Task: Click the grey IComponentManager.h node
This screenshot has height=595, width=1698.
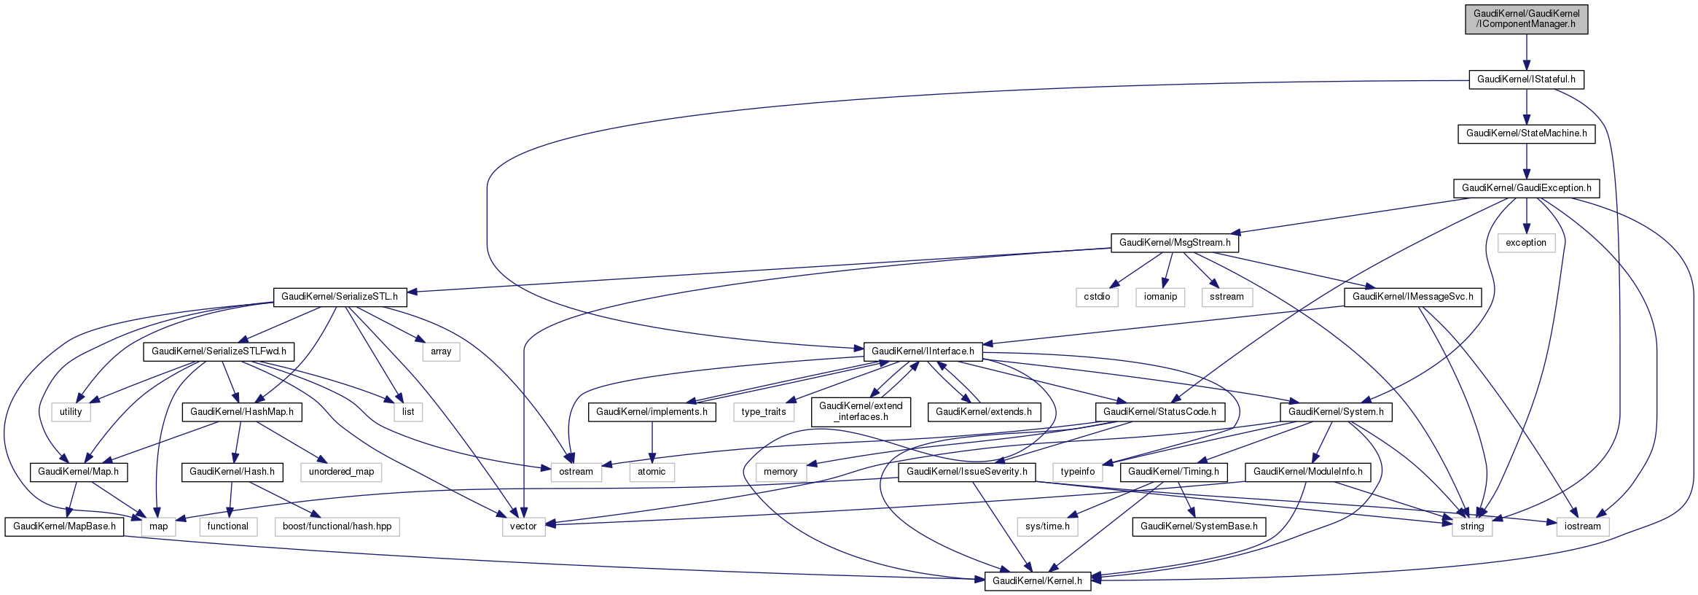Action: coord(1526,19)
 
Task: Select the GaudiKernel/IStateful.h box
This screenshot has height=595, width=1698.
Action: coord(1526,79)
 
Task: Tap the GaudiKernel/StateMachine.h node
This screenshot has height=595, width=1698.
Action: coord(1526,133)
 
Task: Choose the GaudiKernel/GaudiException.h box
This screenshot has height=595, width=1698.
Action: coord(1526,188)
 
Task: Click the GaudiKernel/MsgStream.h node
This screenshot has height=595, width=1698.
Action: coord(1174,243)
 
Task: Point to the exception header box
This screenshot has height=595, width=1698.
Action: coord(1525,243)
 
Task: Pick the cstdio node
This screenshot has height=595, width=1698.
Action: coord(1097,297)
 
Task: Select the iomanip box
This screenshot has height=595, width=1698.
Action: coord(1160,297)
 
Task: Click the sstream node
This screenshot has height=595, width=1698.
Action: coord(1226,297)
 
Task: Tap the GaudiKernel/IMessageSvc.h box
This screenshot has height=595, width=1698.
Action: coord(1412,297)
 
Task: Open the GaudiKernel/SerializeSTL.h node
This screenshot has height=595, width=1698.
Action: coord(340,297)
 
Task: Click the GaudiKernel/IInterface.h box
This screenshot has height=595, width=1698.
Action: coord(923,351)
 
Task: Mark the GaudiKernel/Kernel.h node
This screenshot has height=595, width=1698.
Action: coord(1037,581)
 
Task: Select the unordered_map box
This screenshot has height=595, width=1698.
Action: coord(341,472)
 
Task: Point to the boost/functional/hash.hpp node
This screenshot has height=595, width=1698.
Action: coord(337,526)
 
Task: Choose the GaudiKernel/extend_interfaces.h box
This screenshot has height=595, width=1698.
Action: coord(861,412)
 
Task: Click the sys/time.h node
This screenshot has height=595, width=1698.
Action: coord(1047,526)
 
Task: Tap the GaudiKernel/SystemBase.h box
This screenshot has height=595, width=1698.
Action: coord(1199,526)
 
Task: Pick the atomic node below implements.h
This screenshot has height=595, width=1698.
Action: coord(652,472)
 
